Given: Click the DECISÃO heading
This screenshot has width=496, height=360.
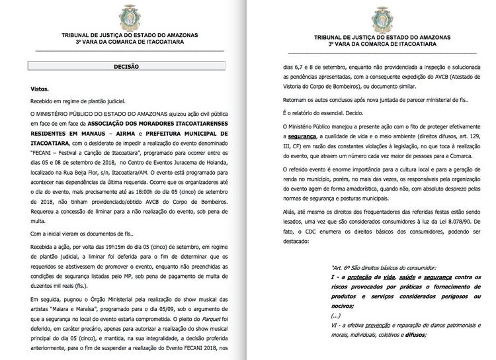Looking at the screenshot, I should (126, 67).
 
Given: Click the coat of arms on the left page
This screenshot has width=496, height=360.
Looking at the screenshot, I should (126, 15).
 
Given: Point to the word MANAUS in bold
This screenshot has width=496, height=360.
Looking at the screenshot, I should (101, 132).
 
